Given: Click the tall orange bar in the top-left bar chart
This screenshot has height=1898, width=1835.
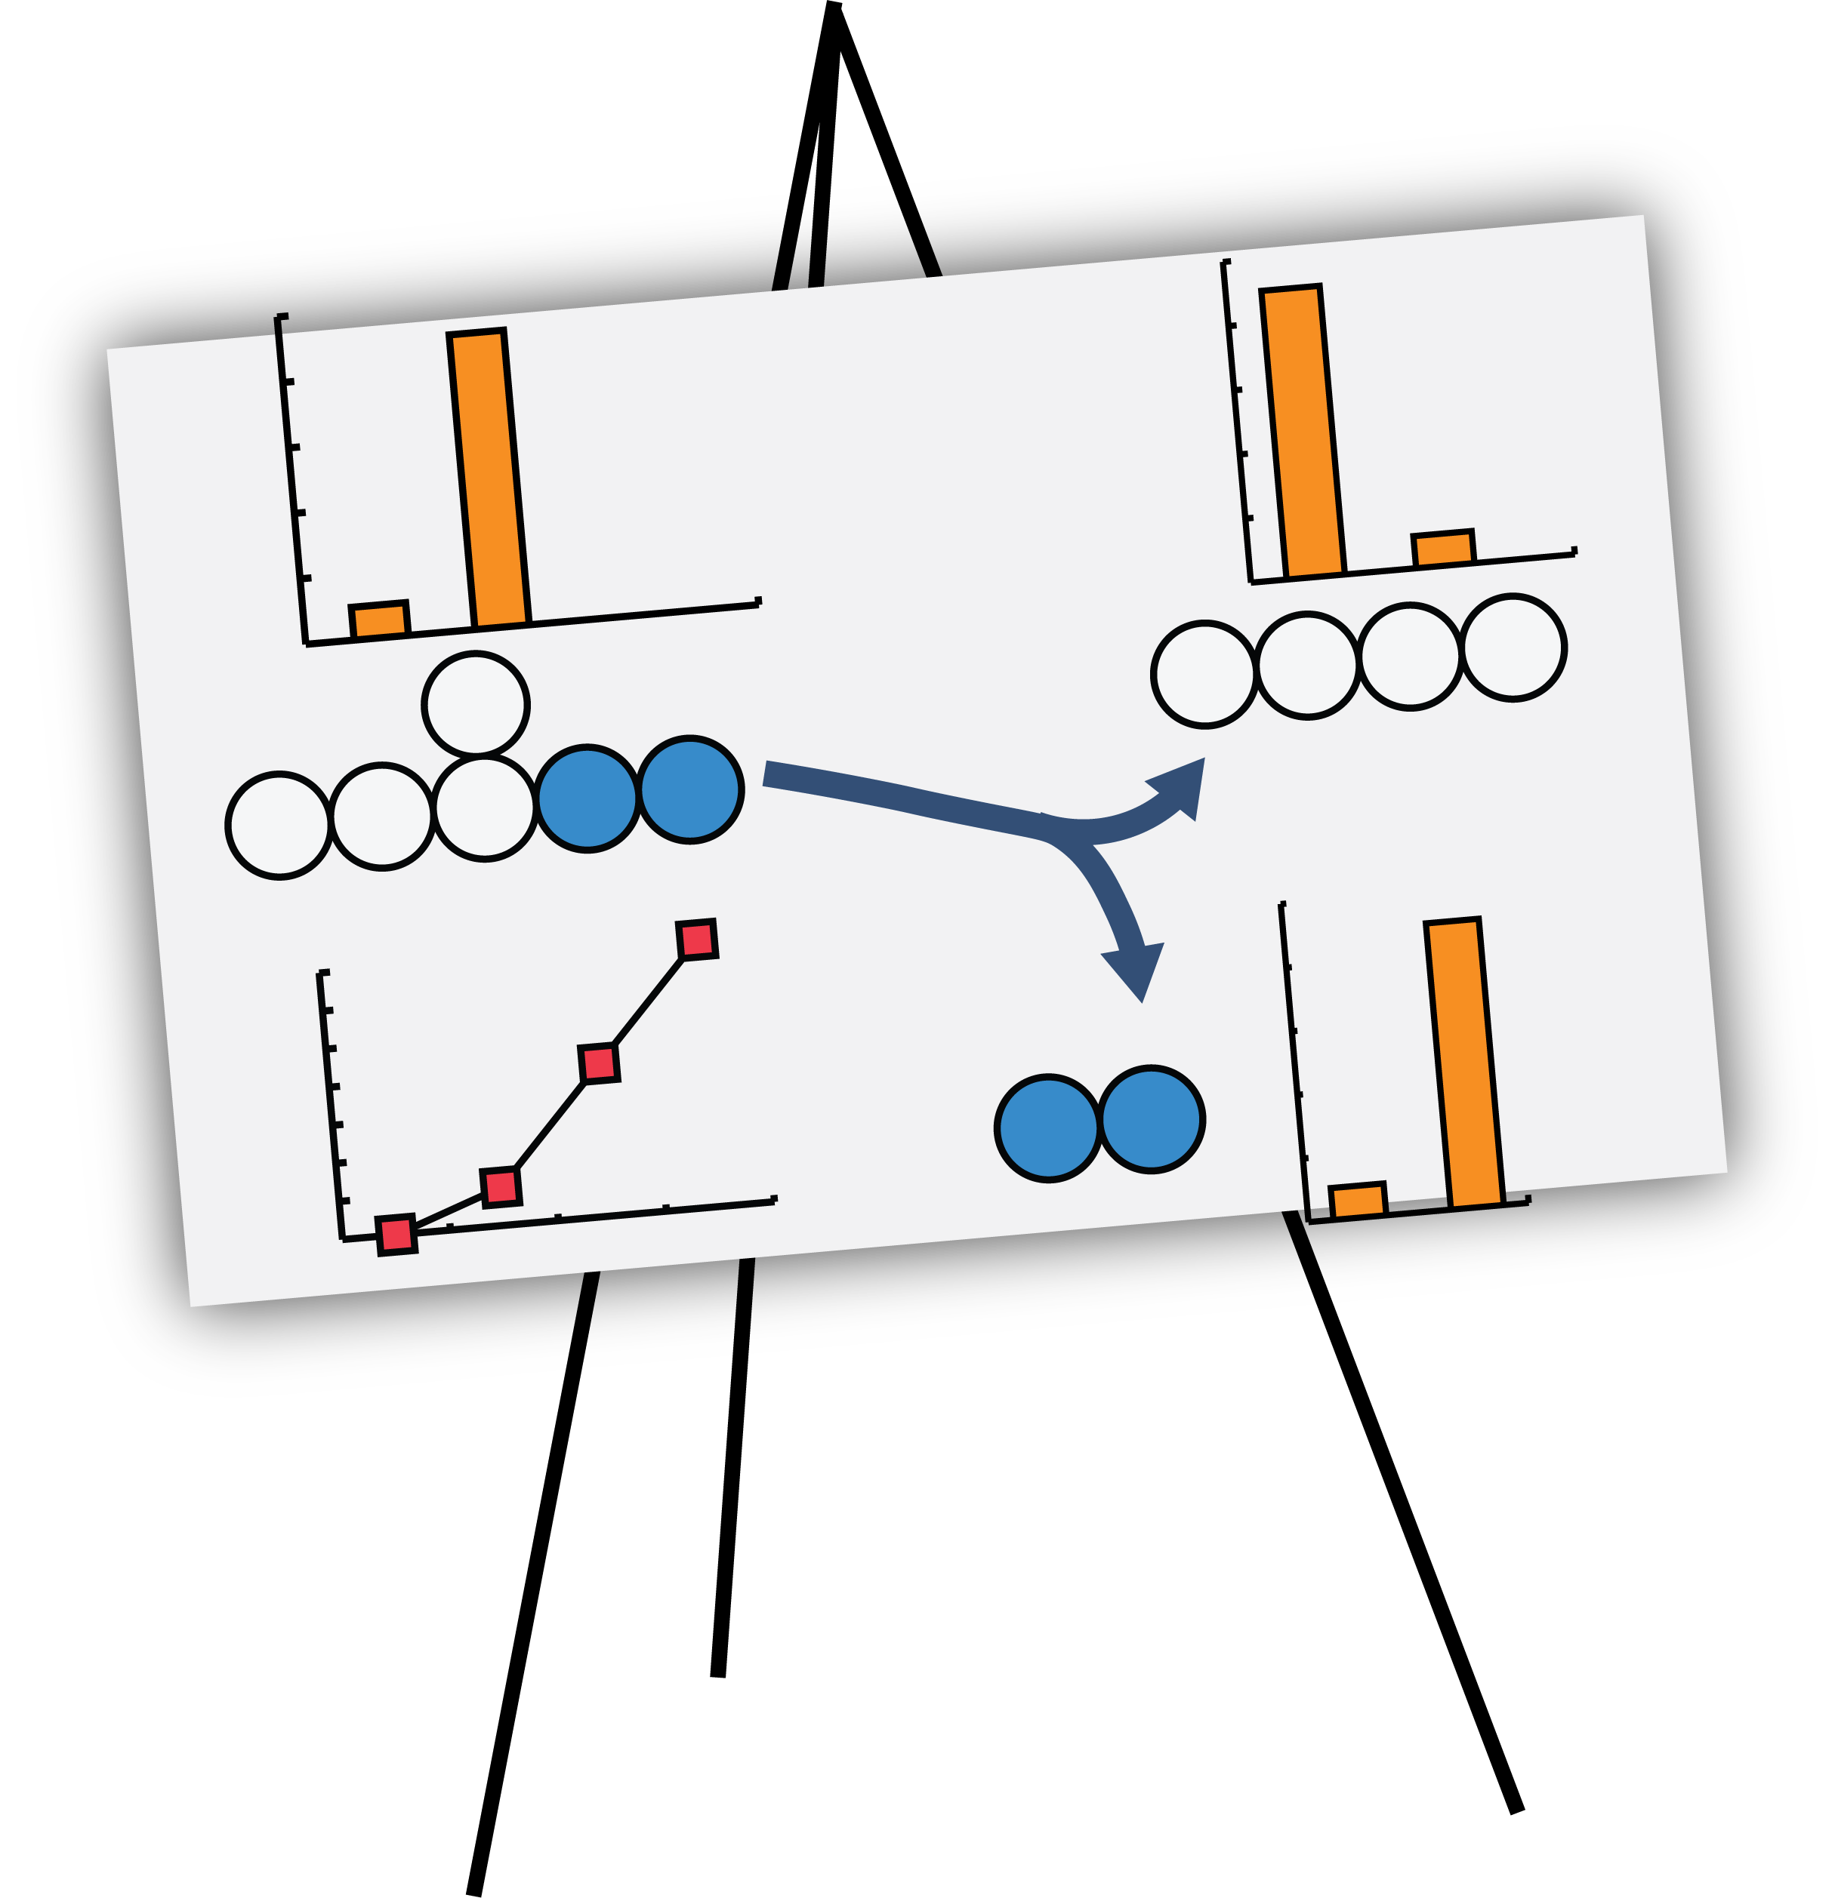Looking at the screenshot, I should pos(489,479).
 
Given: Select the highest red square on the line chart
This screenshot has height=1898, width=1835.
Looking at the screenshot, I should pos(696,940).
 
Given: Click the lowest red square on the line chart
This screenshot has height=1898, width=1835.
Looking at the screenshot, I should pos(396,1235).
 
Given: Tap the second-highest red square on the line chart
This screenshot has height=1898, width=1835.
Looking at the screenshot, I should pos(599,1063).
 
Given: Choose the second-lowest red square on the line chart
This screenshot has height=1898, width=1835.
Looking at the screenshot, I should pos(501,1187).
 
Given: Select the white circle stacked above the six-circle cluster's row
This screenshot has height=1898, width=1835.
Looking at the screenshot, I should pos(476,705).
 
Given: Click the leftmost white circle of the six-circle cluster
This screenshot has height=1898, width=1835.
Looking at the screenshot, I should pos(279,826).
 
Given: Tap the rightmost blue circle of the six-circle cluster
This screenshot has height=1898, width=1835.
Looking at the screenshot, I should pos(689,790).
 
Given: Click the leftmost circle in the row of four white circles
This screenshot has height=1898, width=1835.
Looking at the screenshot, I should pos(1204,674).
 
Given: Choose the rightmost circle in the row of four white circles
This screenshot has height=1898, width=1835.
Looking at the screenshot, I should pos(1513,647).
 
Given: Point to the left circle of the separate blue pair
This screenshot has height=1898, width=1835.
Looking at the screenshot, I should pos(1048,1128).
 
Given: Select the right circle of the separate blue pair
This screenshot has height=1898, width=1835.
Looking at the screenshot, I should pos(1151,1119).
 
